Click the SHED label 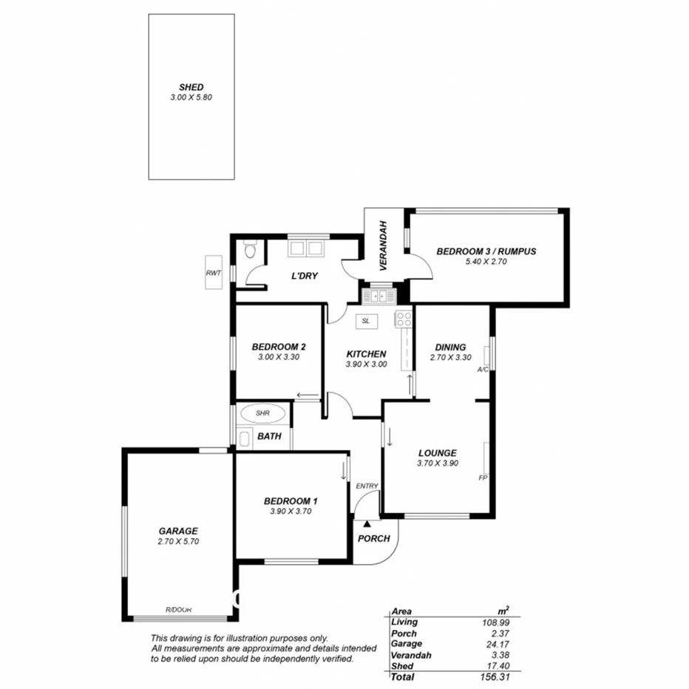click(x=191, y=86)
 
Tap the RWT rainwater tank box click(x=214, y=273)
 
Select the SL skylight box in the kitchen click(x=366, y=320)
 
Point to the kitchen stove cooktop click(x=404, y=319)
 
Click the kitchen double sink click(x=379, y=296)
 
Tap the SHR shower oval click(x=262, y=413)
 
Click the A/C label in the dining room click(x=483, y=369)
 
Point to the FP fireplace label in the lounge click(x=482, y=478)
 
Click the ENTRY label click(x=367, y=486)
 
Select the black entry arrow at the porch click(x=367, y=523)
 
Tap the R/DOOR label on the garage click(x=178, y=609)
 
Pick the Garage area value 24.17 click(x=496, y=644)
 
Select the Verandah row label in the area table click(x=410, y=655)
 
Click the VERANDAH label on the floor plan click(x=384, y=244)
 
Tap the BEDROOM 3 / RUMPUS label click(x=486, y=251)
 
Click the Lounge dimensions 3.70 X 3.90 click(x=437, y=464)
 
